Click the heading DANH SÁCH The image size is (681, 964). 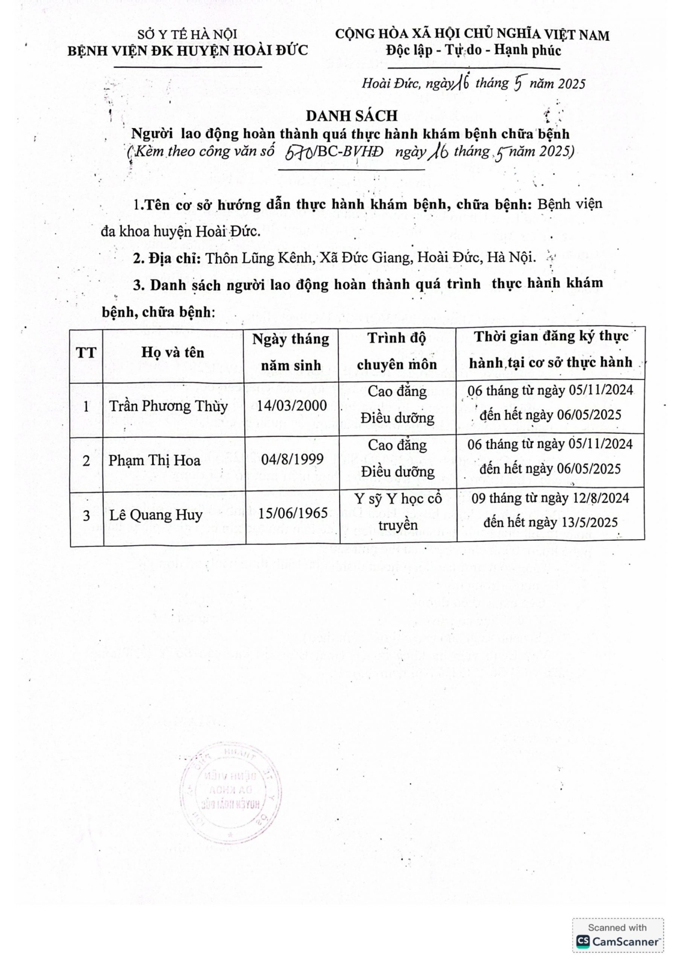[352, 116]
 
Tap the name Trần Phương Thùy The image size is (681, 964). [169, 406]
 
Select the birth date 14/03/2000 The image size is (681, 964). [292, 406]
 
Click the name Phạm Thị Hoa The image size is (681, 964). [155, 460]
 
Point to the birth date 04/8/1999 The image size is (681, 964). [292, 459]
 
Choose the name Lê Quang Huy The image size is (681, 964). [156, 515]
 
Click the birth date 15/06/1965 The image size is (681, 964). [293, 514]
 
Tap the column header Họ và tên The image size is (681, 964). [173, 352]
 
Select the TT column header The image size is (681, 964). [86, 353]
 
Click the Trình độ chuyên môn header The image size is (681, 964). [397, 351]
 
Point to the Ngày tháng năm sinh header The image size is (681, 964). [291, 352]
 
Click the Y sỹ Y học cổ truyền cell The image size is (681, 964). [398, 512]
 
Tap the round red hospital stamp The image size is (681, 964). [230, 794]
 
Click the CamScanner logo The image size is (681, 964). [618, 941]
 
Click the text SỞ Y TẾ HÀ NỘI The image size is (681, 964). [188, 35]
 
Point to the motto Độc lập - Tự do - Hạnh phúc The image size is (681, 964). [473, 50]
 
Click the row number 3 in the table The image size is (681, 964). [86, 516]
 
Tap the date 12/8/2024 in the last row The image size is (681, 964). [596, 498]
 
